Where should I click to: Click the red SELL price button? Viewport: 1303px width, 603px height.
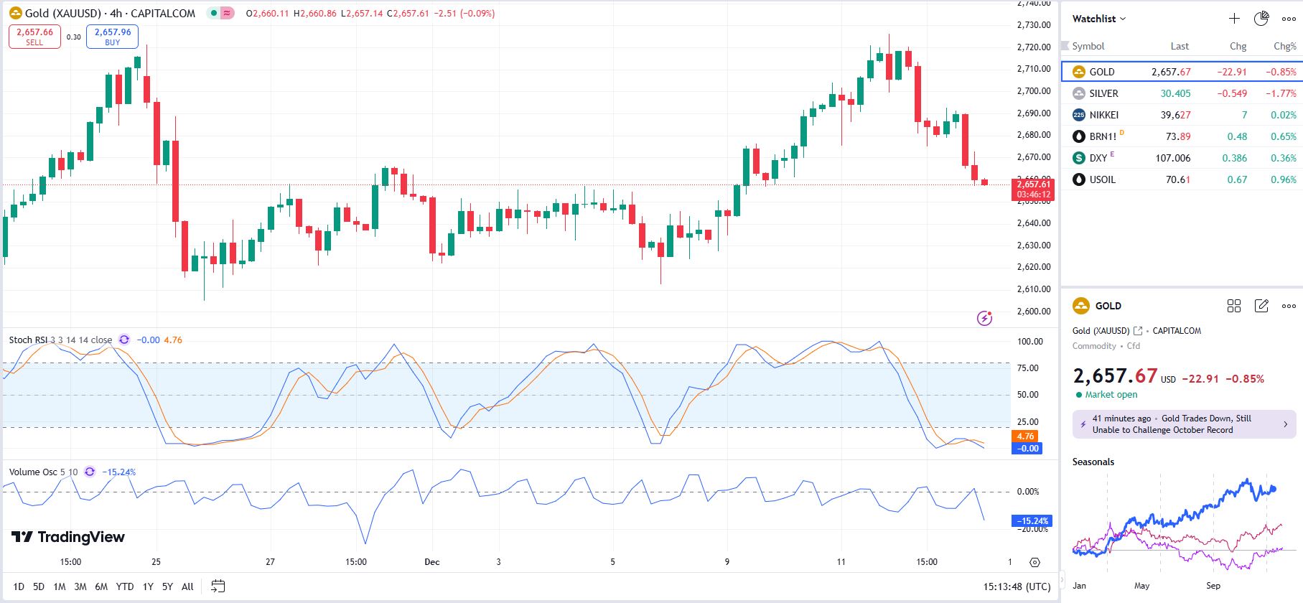[x=34, y=37]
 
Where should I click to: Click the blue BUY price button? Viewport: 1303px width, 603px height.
[x=113, y=37]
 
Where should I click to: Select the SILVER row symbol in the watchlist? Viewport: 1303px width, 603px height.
[x=1103, y=93]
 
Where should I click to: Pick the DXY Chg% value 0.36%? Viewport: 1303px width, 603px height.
[x=1283, y=158]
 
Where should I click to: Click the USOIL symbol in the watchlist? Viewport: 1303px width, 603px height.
[x=1102, y=179]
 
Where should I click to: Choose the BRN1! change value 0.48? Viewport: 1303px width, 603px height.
[x=1237, y=136]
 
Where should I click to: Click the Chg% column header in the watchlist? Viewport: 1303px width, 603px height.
[x=1284, y=46]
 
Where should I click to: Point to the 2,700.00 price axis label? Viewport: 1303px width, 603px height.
[x=1034, y=91]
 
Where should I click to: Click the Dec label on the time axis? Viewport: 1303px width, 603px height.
[x=431, y=562]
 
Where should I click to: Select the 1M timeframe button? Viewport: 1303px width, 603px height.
[x=60, y=586]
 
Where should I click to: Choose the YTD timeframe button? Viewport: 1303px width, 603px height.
[x=125, y=586]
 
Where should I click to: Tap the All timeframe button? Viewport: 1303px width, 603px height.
[x=187, y=586]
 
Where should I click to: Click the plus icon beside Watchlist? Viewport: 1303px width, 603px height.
[x=1234, y=19]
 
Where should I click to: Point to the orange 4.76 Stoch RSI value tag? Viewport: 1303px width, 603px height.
[x=1025, y=436]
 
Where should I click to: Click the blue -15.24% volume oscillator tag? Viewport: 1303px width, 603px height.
[x=1032, y=521]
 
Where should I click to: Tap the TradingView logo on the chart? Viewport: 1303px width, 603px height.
[x=68, y=537]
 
